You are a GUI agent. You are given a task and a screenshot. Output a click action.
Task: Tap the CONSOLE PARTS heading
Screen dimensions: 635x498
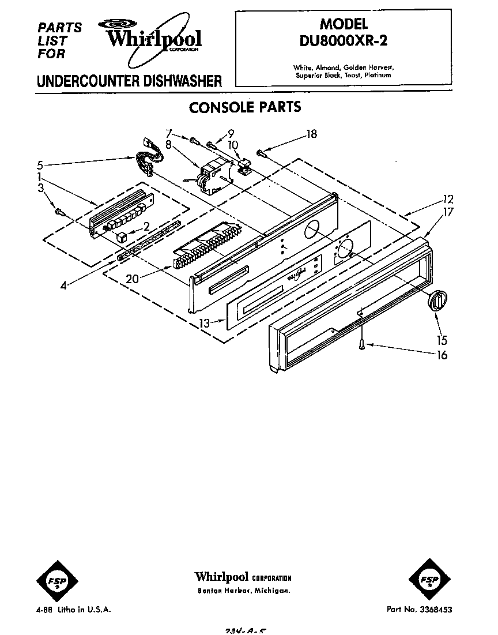tap(245, 107)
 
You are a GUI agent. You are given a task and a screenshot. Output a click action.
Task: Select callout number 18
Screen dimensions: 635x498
tap(312, 134)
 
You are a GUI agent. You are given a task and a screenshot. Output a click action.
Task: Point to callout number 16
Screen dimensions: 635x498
tap(442, 355)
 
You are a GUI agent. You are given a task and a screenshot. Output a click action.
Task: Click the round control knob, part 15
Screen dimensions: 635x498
tap(437, 300)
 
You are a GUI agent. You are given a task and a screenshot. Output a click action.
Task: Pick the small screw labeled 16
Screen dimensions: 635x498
tap(362, 344)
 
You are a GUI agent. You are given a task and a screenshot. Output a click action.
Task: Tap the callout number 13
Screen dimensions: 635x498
tap(204, 324)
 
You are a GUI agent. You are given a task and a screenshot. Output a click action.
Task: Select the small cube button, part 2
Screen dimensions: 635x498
tap(121, 236)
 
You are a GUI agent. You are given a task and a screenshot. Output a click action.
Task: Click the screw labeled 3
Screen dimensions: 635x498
tap(58, 211)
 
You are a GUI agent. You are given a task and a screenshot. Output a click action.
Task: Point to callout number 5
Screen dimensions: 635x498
tap(39, 164)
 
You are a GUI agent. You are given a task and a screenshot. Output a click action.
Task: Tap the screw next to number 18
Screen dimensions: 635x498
tap(262, 153)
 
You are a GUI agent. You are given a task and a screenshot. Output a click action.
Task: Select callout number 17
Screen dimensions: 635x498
tap(448, 212)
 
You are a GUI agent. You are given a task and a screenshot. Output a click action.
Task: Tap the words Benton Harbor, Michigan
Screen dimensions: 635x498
tap(243, 592)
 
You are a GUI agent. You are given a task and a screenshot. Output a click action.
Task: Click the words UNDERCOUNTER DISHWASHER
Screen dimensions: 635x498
tap(129, 81)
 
